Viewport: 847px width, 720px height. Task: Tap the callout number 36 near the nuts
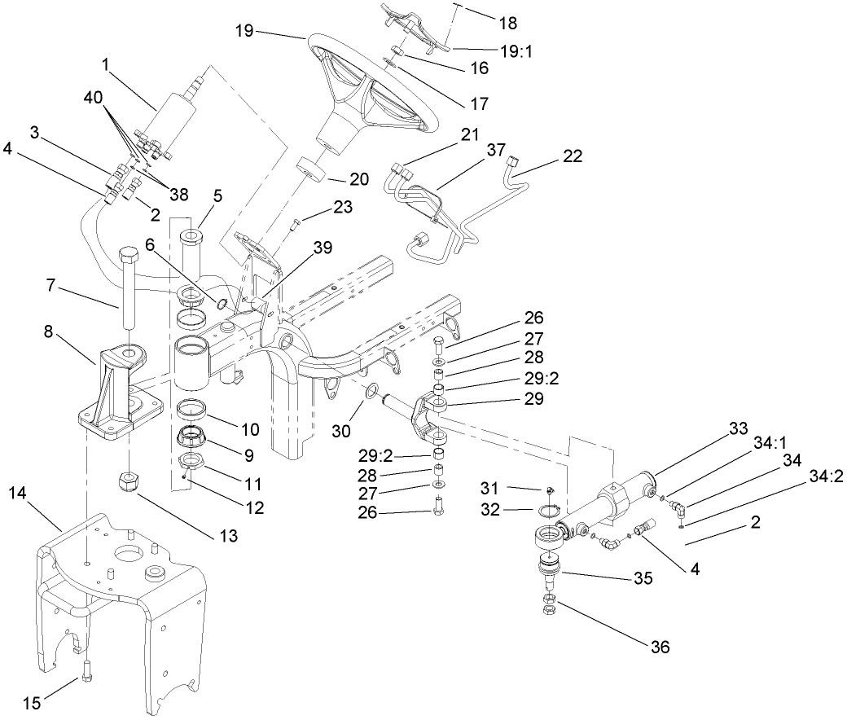tap(660, 648)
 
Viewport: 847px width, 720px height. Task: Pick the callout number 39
tap(323, 248)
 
